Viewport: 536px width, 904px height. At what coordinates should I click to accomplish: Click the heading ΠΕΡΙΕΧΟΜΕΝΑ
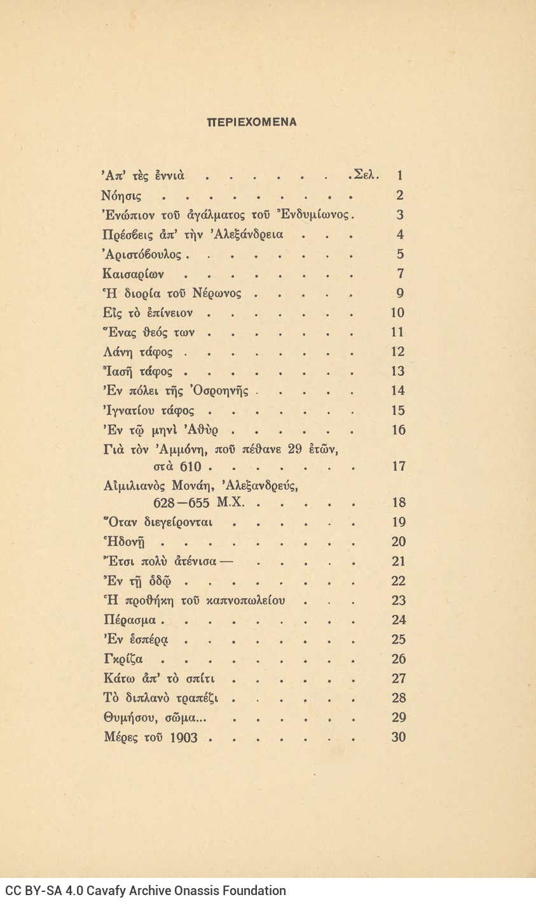[x=252, y=122]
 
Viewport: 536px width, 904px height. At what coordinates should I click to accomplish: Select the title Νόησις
[x=122, y=196]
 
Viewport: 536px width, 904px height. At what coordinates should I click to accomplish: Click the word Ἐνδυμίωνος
[x=317, y=215]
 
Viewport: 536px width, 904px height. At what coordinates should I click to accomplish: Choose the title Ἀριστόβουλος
[x=143, y=254]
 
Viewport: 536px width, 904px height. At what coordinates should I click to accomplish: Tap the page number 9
[x=400, y=293]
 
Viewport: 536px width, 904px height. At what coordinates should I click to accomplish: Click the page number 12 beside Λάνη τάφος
[x=398, y=352]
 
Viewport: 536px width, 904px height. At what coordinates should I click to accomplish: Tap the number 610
[x=190, y=467]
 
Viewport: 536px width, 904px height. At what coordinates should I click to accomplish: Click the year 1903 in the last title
[x=184, y=738]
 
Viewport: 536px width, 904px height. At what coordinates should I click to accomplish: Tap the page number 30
[x=398, y=738]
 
